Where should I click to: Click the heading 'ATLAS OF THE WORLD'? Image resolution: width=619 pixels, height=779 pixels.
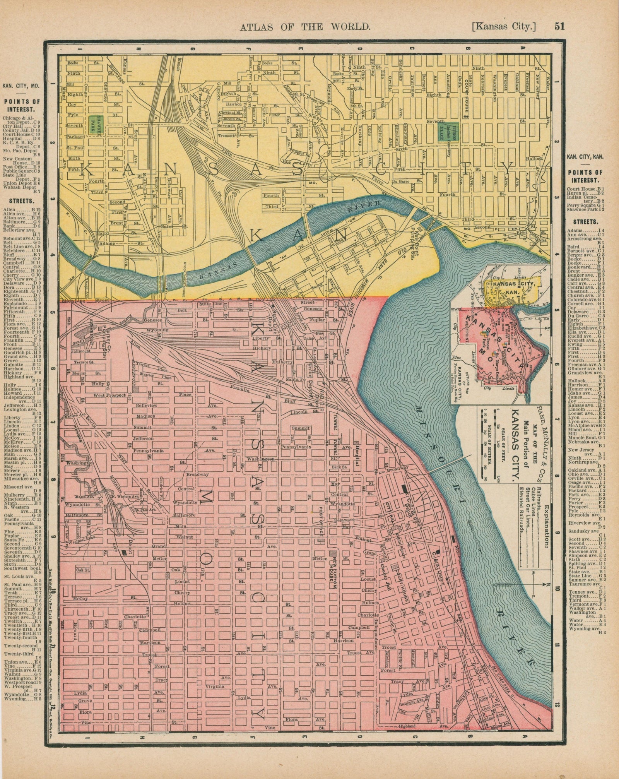coord(306,27)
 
